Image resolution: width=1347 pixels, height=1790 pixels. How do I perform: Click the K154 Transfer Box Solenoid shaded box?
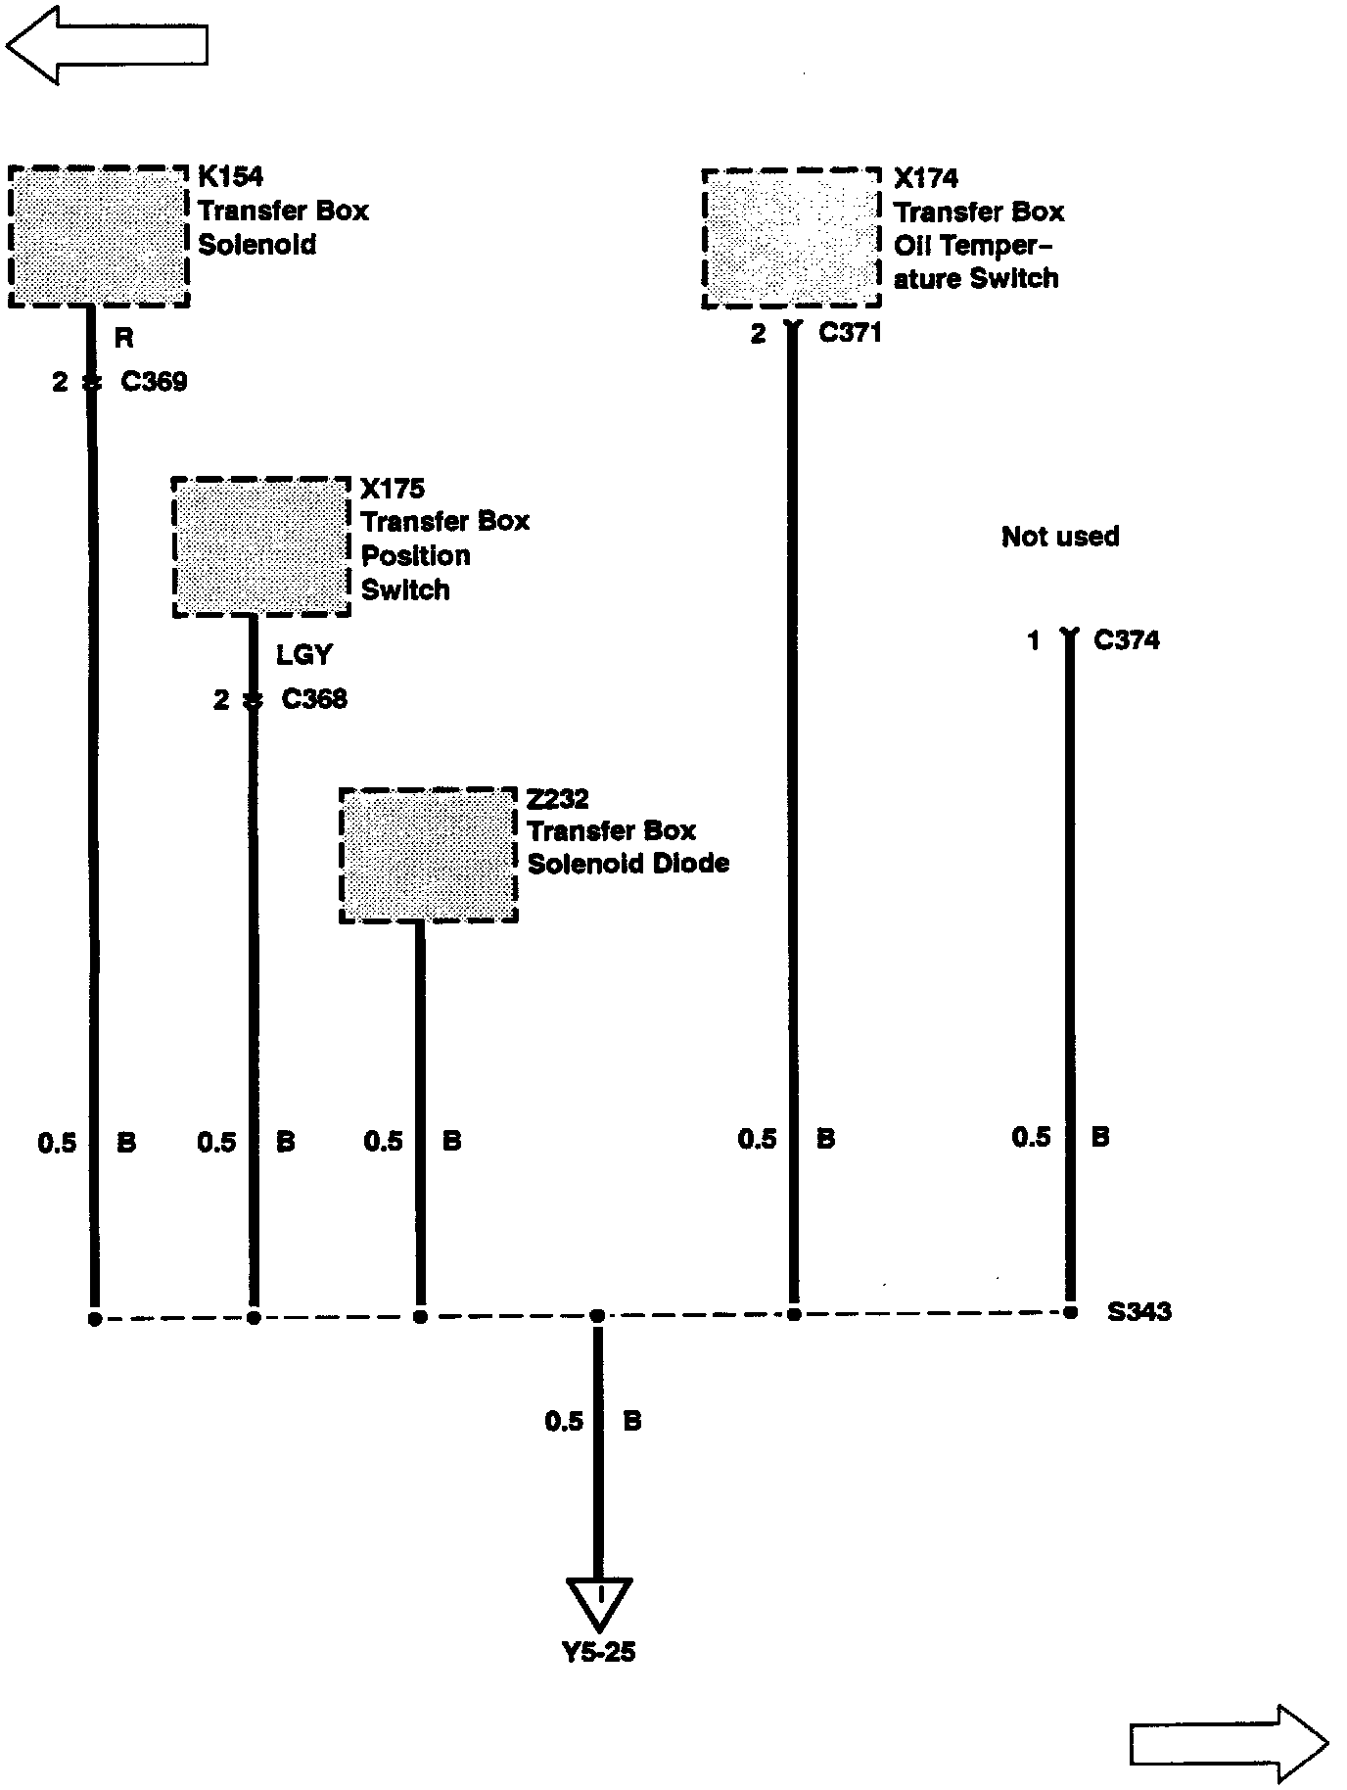[98, 237]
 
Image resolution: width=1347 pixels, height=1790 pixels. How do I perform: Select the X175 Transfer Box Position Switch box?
[261, 547]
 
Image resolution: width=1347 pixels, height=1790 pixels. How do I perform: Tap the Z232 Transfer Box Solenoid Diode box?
[428, 855]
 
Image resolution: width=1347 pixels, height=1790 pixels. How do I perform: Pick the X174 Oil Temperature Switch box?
[791, 239]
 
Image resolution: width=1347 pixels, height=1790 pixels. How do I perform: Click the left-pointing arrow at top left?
[108, 44]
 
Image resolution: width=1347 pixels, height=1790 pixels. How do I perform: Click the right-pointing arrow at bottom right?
[1229, 1743]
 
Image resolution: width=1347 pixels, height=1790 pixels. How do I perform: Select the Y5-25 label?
[598, 1653]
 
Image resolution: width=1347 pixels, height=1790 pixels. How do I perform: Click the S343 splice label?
[1138, 1311]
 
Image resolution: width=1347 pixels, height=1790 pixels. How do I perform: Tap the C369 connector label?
[154, 381]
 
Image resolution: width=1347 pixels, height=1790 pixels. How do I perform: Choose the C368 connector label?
[314, 699]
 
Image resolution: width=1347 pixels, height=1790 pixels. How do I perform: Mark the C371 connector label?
[850, 333]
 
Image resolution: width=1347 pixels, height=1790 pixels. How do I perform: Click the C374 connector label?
[1126, 640]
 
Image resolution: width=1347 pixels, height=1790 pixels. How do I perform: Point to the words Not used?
[1060, 537]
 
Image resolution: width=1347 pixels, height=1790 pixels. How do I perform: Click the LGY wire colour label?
[303, 654]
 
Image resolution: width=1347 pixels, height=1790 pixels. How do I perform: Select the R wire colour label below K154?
[123, 339]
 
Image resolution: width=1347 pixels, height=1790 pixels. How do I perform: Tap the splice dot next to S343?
[1071, 1312]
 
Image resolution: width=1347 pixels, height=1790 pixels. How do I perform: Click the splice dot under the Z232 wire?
[420, 1317]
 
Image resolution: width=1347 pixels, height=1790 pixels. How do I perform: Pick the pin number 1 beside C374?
[1033, 641]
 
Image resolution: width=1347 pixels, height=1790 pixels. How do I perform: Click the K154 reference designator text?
[230, 176]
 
